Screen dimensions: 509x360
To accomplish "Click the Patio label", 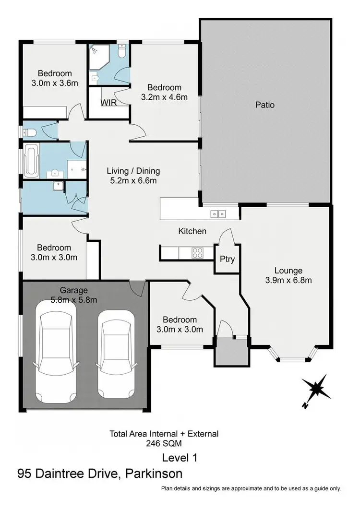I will coord(265,104).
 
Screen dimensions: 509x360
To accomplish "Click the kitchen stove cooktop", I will coord(197,252).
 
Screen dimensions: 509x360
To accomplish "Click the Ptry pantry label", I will coord(227,259).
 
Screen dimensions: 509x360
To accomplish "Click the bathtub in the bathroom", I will coord(32,161).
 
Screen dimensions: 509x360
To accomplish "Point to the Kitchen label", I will coord(192,231).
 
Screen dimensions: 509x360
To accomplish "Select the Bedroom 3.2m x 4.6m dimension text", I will coord(164,97).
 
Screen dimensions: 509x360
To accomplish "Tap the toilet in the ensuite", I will coord(121,51).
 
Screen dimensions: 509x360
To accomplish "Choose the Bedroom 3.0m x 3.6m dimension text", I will coord(55,83).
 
